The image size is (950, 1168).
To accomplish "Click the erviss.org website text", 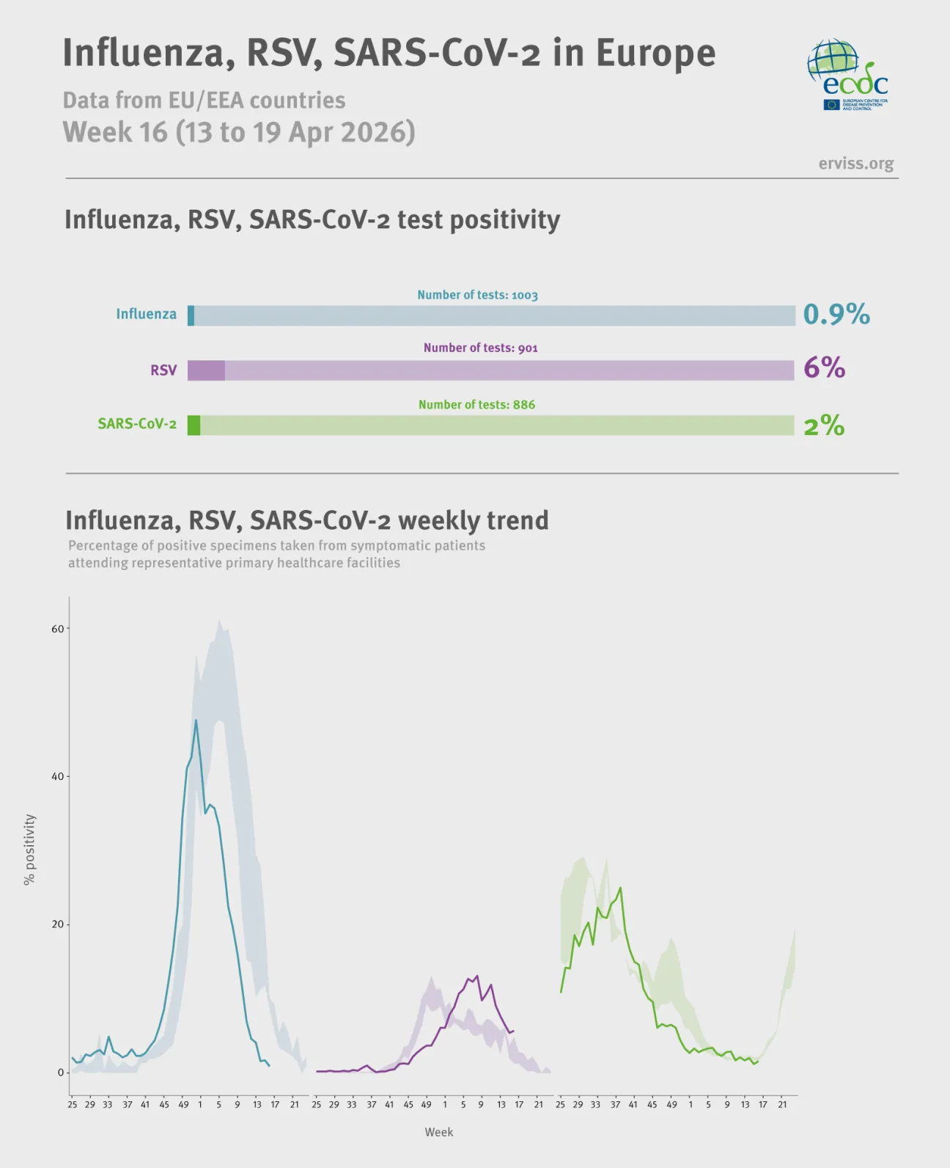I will (x=855, y=164).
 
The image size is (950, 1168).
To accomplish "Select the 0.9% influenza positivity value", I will (x=836, y=315).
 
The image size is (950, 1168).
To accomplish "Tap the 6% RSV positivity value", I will (x=824, y=368).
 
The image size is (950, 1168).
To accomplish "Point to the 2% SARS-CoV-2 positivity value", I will (x=824, y=426).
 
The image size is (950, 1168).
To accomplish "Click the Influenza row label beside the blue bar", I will (x=146, y=314).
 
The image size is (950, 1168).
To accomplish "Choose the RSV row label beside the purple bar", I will (x=163, y=371).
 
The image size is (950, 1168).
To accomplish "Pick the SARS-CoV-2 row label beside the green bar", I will (x=137, y=424).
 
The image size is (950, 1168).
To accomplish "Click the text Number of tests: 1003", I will (x=477, y=295).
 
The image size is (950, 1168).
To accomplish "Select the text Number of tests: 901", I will (x=480, y=348).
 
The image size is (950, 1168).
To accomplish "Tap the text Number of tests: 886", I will (x=476, y=404).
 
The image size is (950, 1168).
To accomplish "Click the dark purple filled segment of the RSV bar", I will (x=206, y=371).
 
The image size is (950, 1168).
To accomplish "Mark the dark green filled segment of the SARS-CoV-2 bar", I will (x=194, y=426).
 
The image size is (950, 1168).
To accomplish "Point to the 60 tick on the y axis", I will (x=57, y=629).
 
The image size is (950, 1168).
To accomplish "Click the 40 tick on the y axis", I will (x=57, y=776).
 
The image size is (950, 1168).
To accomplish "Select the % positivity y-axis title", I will (x=29, y=849).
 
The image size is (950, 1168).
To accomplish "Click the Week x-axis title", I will (x=438, y=1132).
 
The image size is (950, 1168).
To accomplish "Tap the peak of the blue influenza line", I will (x=196, y=720).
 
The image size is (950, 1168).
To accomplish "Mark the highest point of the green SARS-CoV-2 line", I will (x=620, y=888).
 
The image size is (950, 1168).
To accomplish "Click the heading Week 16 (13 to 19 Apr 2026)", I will (x=239, y=133).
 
